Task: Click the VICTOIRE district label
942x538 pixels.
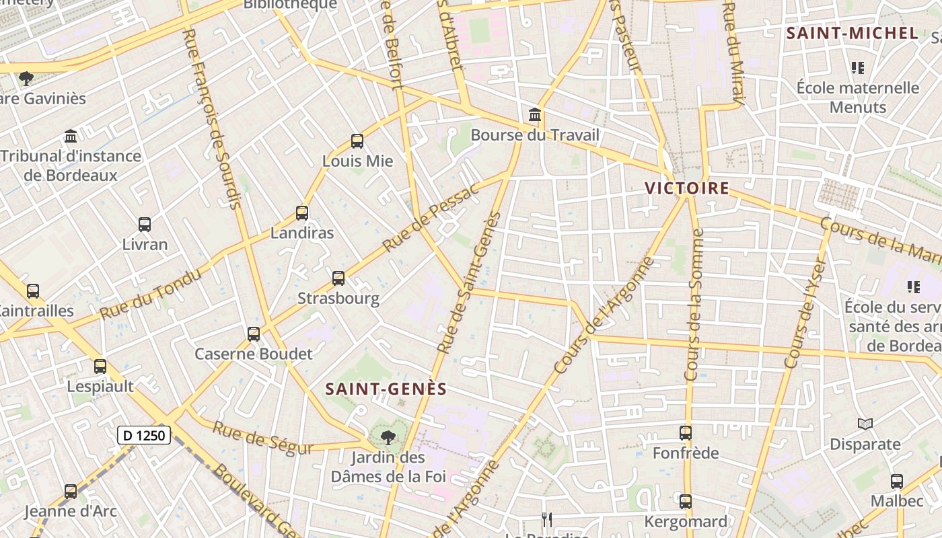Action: pos(687,188)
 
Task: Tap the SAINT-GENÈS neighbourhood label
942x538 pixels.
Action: pos(386,389)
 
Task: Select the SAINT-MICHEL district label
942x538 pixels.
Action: pos(852,33)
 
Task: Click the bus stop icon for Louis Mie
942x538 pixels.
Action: pos(357,141)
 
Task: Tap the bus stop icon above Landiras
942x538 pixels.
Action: pos(302,213)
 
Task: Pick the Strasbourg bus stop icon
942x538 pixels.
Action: pos(338,278)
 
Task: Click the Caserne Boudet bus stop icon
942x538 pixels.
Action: pos(254,334)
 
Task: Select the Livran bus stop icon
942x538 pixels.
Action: pos(145,225)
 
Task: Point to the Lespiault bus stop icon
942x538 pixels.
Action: pos(100,367)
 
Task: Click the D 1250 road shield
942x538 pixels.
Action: pos(144,435)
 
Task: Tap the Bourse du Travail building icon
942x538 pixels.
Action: pos(535,115)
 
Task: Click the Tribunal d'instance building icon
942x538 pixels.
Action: pos(71,137)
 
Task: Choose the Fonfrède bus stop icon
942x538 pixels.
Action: pos(686,433)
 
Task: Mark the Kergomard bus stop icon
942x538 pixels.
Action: pos(686,502)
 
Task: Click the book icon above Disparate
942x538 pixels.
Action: pos(865,424)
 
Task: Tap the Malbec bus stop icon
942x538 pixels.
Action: pos(897,482)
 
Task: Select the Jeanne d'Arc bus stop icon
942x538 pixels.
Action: pos(71,492)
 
